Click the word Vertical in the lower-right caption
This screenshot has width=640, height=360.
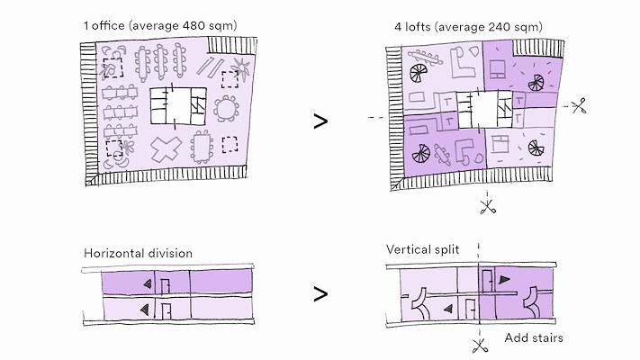pyautogui.click(x=410, y=248)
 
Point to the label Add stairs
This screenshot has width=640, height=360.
pyautogui.click(x=534, y=338)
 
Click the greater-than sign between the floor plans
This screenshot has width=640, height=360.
pyautogui.click(x=320, y=121)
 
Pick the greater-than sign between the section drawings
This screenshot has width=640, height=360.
pyautogui.click(x=320, y=293)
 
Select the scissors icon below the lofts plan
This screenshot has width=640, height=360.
pyautogui.click(x=488, y=207)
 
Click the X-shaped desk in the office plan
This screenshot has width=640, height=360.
pyautogui.click(x=164, y=148)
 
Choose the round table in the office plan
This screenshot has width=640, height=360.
pyautogui.click(x=226, y=110)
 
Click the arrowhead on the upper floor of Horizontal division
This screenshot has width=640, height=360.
pyautogui.click(x=146, y=283)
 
